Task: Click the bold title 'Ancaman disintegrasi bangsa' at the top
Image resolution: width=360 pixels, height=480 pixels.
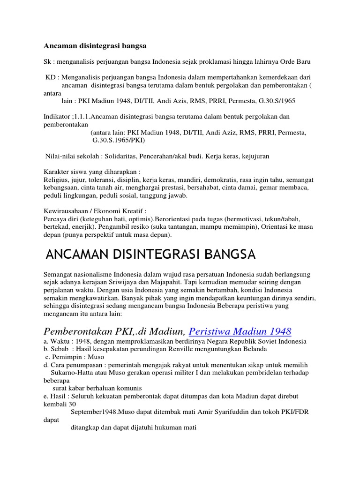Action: click(x=95, y=46)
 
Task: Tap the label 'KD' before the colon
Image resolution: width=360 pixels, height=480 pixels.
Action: click(x=50, y=77)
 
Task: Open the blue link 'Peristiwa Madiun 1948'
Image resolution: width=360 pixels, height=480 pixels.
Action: click(x=240, y=331)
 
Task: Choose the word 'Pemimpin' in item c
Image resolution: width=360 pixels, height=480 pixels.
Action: click(x=67, y=357)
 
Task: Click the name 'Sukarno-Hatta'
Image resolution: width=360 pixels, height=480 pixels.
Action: click(x=72, y=373)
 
